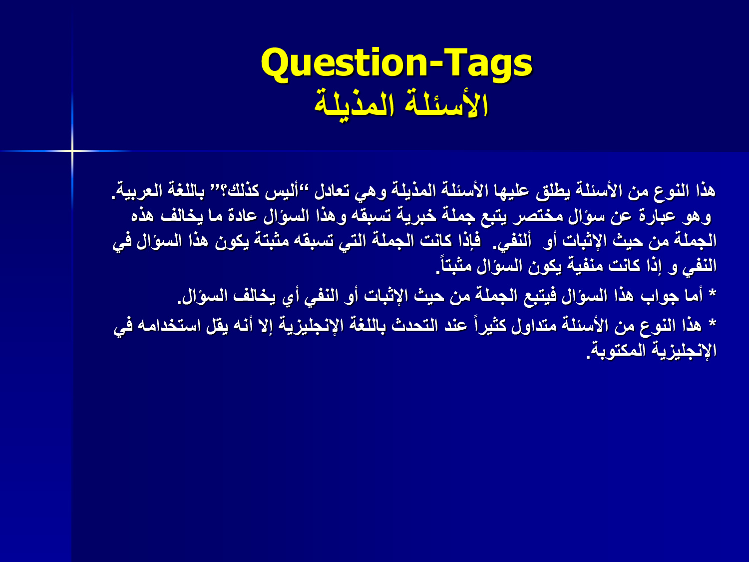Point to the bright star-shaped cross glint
click(x=72, y=150)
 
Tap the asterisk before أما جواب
click(x=712, y=294)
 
